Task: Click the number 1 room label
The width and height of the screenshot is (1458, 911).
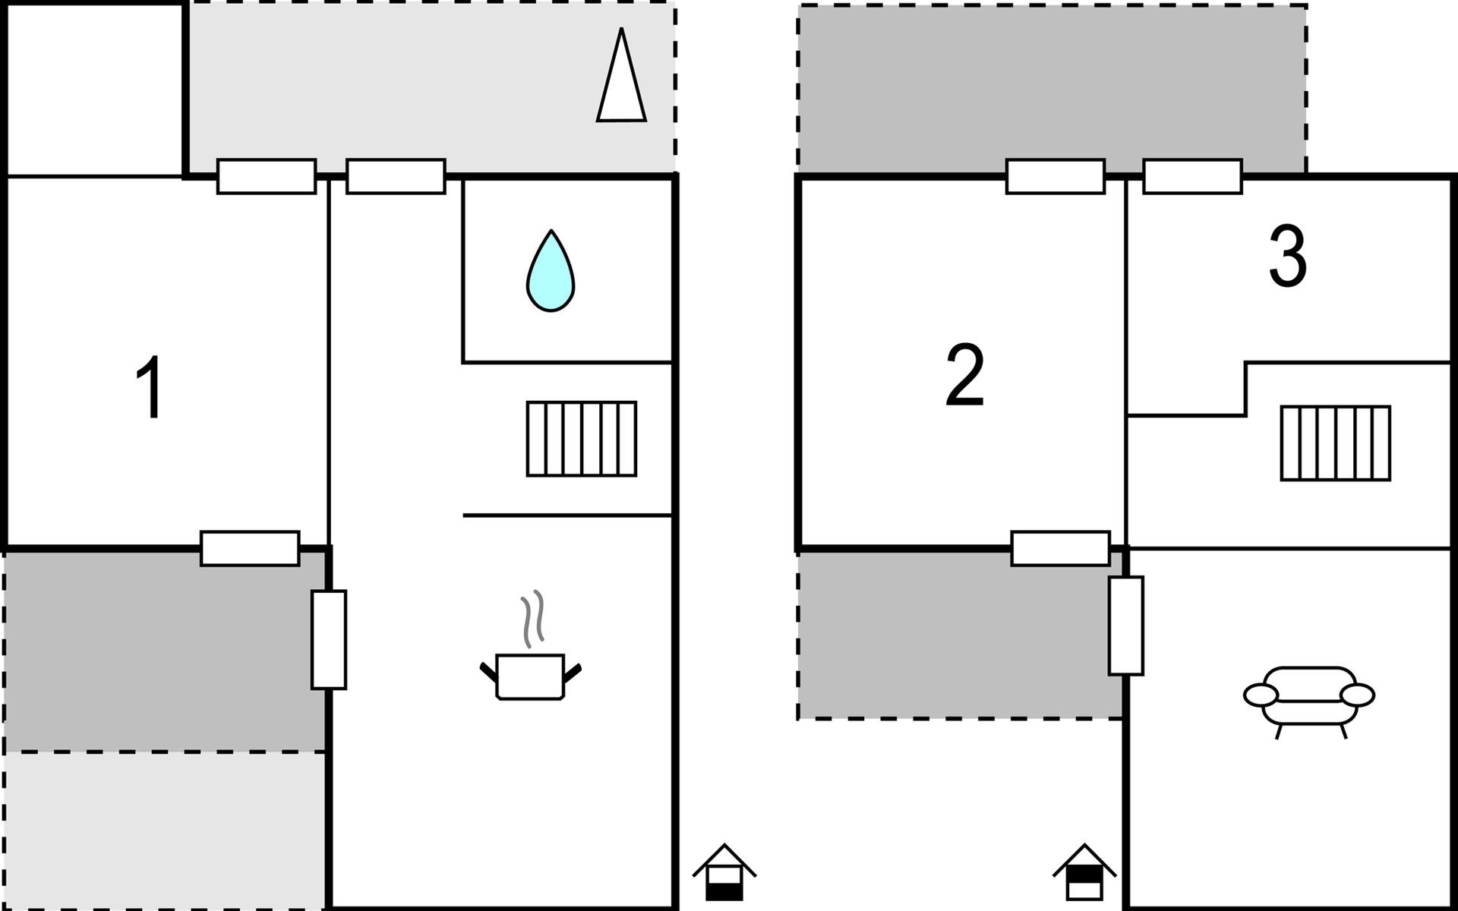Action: click(151, 386)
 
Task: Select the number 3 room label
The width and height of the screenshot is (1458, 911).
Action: click(1288, 256)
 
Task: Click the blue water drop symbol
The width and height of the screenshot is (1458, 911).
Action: click(551, 270)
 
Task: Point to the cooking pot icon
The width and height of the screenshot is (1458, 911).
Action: click(530, 675)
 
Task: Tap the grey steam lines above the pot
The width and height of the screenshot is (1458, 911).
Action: click(532, 618)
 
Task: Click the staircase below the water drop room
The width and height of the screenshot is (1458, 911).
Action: click(582, 439)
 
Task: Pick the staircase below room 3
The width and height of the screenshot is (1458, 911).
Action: click(1336, 443)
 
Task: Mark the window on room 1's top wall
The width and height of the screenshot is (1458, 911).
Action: click(267, 176)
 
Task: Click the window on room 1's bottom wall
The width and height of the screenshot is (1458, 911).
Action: click(250, 548)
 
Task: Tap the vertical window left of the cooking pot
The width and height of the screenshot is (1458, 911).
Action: click(329, 640)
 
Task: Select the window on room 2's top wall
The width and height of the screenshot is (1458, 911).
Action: click(1056, 176)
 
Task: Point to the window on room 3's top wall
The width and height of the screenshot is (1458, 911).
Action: click(1192, 176)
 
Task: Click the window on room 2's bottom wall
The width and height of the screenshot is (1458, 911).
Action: click(1061, 548)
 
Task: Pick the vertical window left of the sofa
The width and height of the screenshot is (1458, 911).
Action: click(1126, 626)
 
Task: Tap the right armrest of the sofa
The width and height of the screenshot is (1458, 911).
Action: click(1358, 695)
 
